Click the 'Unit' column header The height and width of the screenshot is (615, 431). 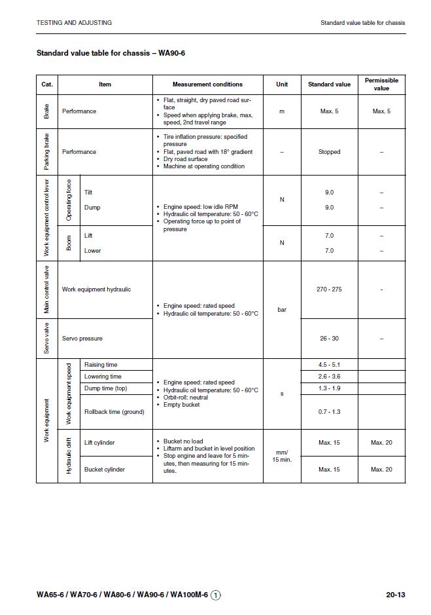pyautogui.click(x=282, y=84)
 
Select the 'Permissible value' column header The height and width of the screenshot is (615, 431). pyautogui.click(x=381, y=84)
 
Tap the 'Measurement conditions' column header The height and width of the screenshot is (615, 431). pyautogui.click(x=207, y=84)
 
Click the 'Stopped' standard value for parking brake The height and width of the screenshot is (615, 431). pyautogui.click(x=329, y=152)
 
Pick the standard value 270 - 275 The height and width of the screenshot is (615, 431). pyautogui.click(x=329, y=289)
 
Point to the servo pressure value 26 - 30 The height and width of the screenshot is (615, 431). pyautogui.click(x=329, y=339)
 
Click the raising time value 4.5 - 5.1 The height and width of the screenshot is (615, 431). pyautogui.click(x=329, y=364)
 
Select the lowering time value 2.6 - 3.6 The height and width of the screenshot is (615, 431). pyautogui.click(x=329, y=377)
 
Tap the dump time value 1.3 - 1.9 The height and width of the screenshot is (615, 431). pyautogui.click(x=329, y=388)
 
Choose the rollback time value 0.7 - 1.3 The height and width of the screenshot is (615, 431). pyautogui.click(x=329, y=412)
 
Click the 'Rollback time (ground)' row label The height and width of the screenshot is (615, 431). pyautogui.click(x=114, y=412)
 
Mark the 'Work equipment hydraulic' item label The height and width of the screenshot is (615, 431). pyautogui.click(x=96, y=289)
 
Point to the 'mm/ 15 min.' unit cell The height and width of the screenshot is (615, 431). pyautogui.click(x=282, y=456)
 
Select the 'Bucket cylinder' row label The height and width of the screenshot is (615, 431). pyautogui.click(x=105, y=470)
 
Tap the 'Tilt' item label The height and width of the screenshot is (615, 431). pyautogui.click(x=89, y=193)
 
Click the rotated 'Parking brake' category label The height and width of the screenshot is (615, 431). pyautogui.click(x=47, y=152)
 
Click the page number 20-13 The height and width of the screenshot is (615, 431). pyautogui.click(x=396, y=595)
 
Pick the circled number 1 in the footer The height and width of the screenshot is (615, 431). pyautogui.click(x=216, y=595)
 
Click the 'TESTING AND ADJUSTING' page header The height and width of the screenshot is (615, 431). pyautogui.click(x=74, y=23)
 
